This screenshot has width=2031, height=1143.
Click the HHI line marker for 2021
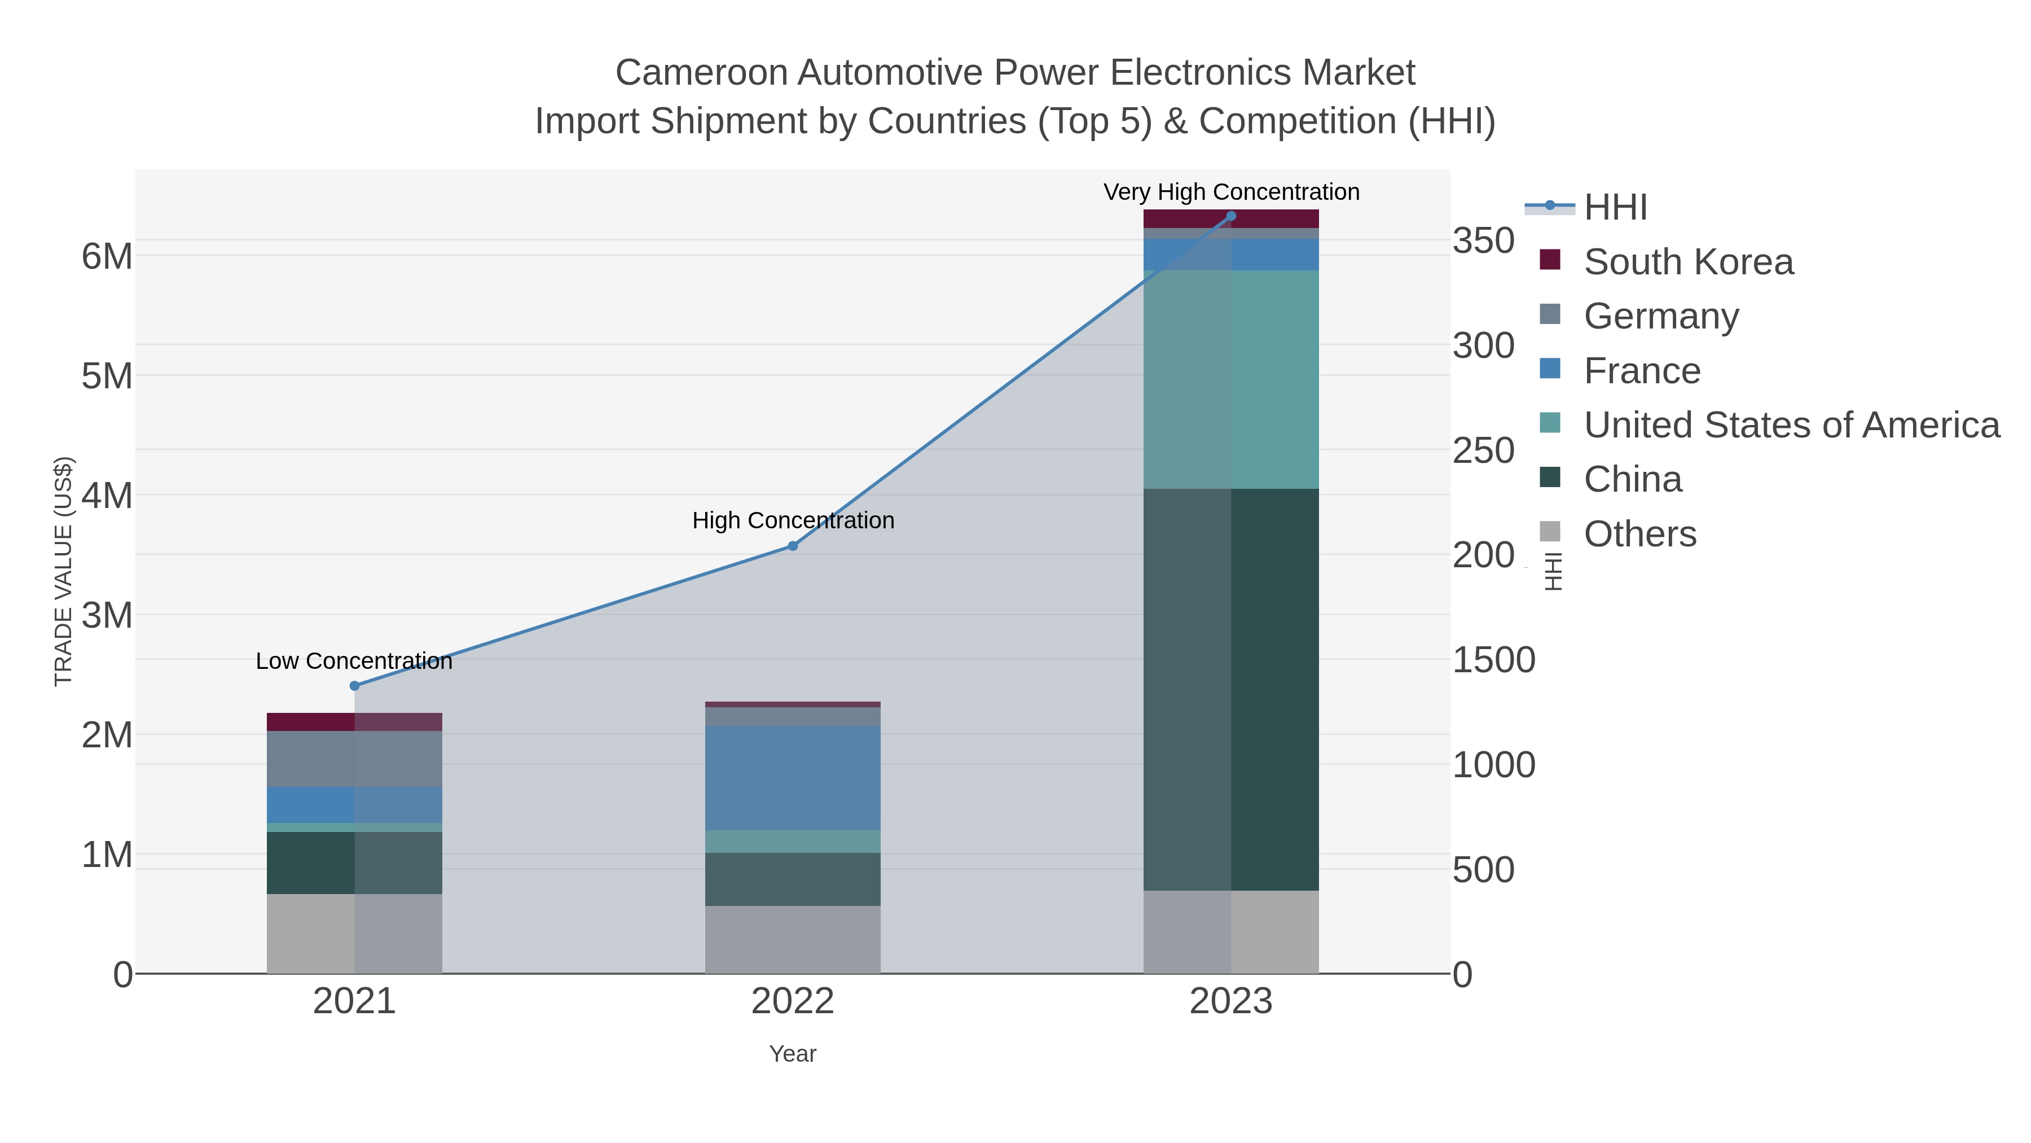(355, 685)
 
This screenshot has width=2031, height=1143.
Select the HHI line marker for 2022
(793, 546)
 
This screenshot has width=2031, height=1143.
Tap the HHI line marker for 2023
(1232, 216)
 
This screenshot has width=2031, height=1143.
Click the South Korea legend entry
(1688, 262)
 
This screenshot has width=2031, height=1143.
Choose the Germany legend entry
(1660, 316)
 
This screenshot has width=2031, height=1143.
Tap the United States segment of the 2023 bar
(1232, 379)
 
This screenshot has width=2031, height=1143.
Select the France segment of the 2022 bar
(793, 778)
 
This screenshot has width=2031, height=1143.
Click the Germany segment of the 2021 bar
(355, 759)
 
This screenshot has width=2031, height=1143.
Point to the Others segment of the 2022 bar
(793, 939)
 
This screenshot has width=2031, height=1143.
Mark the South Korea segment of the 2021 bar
(355, 722)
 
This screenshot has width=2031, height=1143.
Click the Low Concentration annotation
(355, 661)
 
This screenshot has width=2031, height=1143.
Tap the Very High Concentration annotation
(1232, 192)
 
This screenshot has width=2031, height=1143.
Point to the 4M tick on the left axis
(107, 496)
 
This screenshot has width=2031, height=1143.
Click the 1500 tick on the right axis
(1493, 660)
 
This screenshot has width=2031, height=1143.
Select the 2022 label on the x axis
(793, 1002)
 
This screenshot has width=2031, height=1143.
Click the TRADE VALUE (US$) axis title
(63, 571)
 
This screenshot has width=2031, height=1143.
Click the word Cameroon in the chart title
(702, 73)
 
